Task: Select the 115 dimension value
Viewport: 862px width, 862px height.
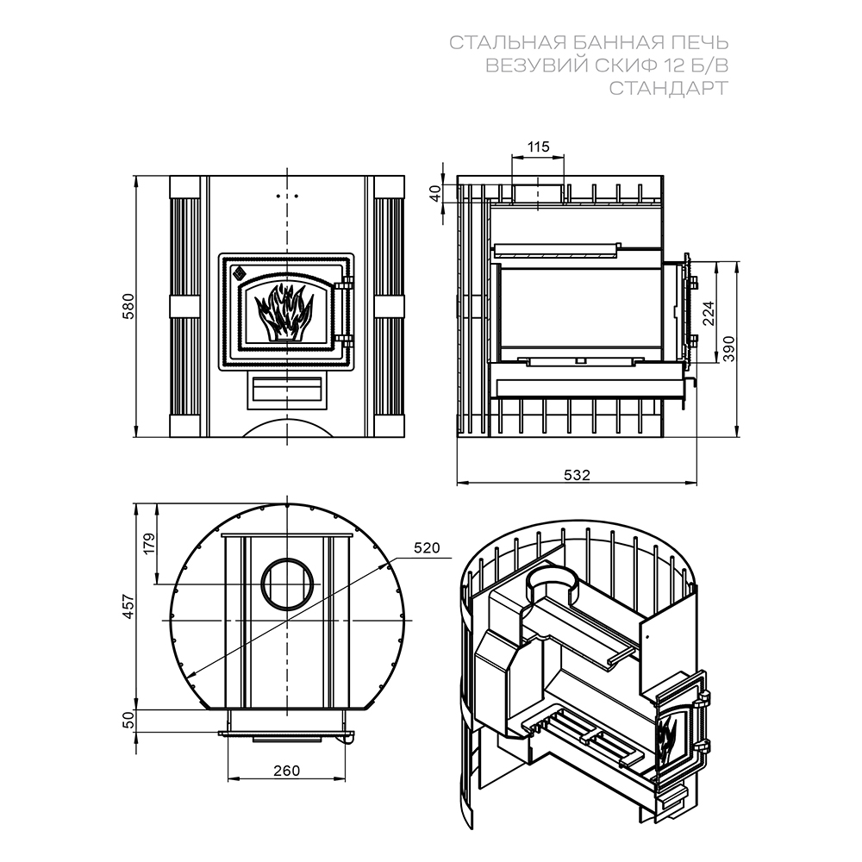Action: click(538, 147)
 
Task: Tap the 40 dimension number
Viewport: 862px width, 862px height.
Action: click(435, 194)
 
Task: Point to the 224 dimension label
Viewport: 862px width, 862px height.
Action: click(709, 312)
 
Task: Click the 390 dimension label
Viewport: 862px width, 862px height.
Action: click(729, 348)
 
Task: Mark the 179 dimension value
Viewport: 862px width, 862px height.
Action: click(148, 544)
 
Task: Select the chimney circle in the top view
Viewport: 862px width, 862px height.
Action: click(287, 582)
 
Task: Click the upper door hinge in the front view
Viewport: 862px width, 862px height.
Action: click(347, 283)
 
